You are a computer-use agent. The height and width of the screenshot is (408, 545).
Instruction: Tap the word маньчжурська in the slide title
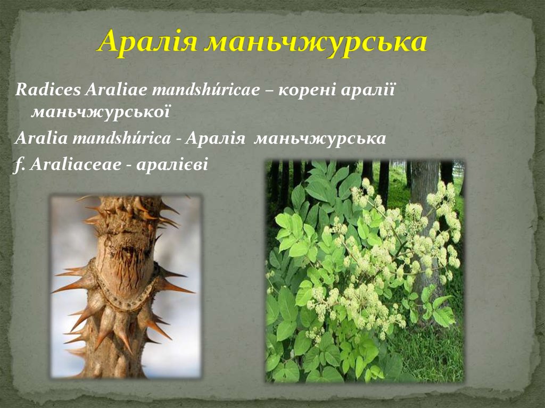pos(316,42)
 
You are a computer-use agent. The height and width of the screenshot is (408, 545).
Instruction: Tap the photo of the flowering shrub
pos(365,271)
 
